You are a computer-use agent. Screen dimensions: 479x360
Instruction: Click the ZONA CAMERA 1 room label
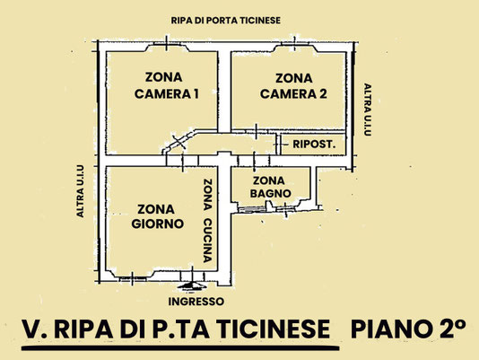167,85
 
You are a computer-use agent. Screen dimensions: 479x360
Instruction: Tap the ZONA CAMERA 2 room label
293,86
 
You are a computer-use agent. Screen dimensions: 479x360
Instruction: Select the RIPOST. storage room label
314,145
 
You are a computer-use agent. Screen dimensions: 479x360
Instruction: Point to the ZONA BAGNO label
270,187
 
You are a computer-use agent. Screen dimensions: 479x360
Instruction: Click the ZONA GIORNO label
157,216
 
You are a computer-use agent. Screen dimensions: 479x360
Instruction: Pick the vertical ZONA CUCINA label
208,221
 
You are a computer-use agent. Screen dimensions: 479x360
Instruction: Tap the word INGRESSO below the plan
196,302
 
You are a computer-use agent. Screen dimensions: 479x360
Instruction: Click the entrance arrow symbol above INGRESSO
193,285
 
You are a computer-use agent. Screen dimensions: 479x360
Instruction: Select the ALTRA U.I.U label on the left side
80,191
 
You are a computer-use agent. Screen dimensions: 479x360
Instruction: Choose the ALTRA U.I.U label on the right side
368,110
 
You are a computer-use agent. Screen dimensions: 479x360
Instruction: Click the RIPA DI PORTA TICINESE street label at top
225,21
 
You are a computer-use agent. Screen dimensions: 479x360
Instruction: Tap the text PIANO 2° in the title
408,329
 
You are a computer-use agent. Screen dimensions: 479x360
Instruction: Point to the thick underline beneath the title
180,348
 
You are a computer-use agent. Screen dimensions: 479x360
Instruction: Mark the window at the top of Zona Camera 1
167,45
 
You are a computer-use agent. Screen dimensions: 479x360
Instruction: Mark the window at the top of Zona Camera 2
294,45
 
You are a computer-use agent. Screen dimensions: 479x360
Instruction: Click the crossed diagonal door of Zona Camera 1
179,141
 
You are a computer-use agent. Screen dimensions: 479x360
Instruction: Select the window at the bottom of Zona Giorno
132,278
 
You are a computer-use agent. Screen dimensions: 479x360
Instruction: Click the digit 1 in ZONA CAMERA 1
196,94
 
